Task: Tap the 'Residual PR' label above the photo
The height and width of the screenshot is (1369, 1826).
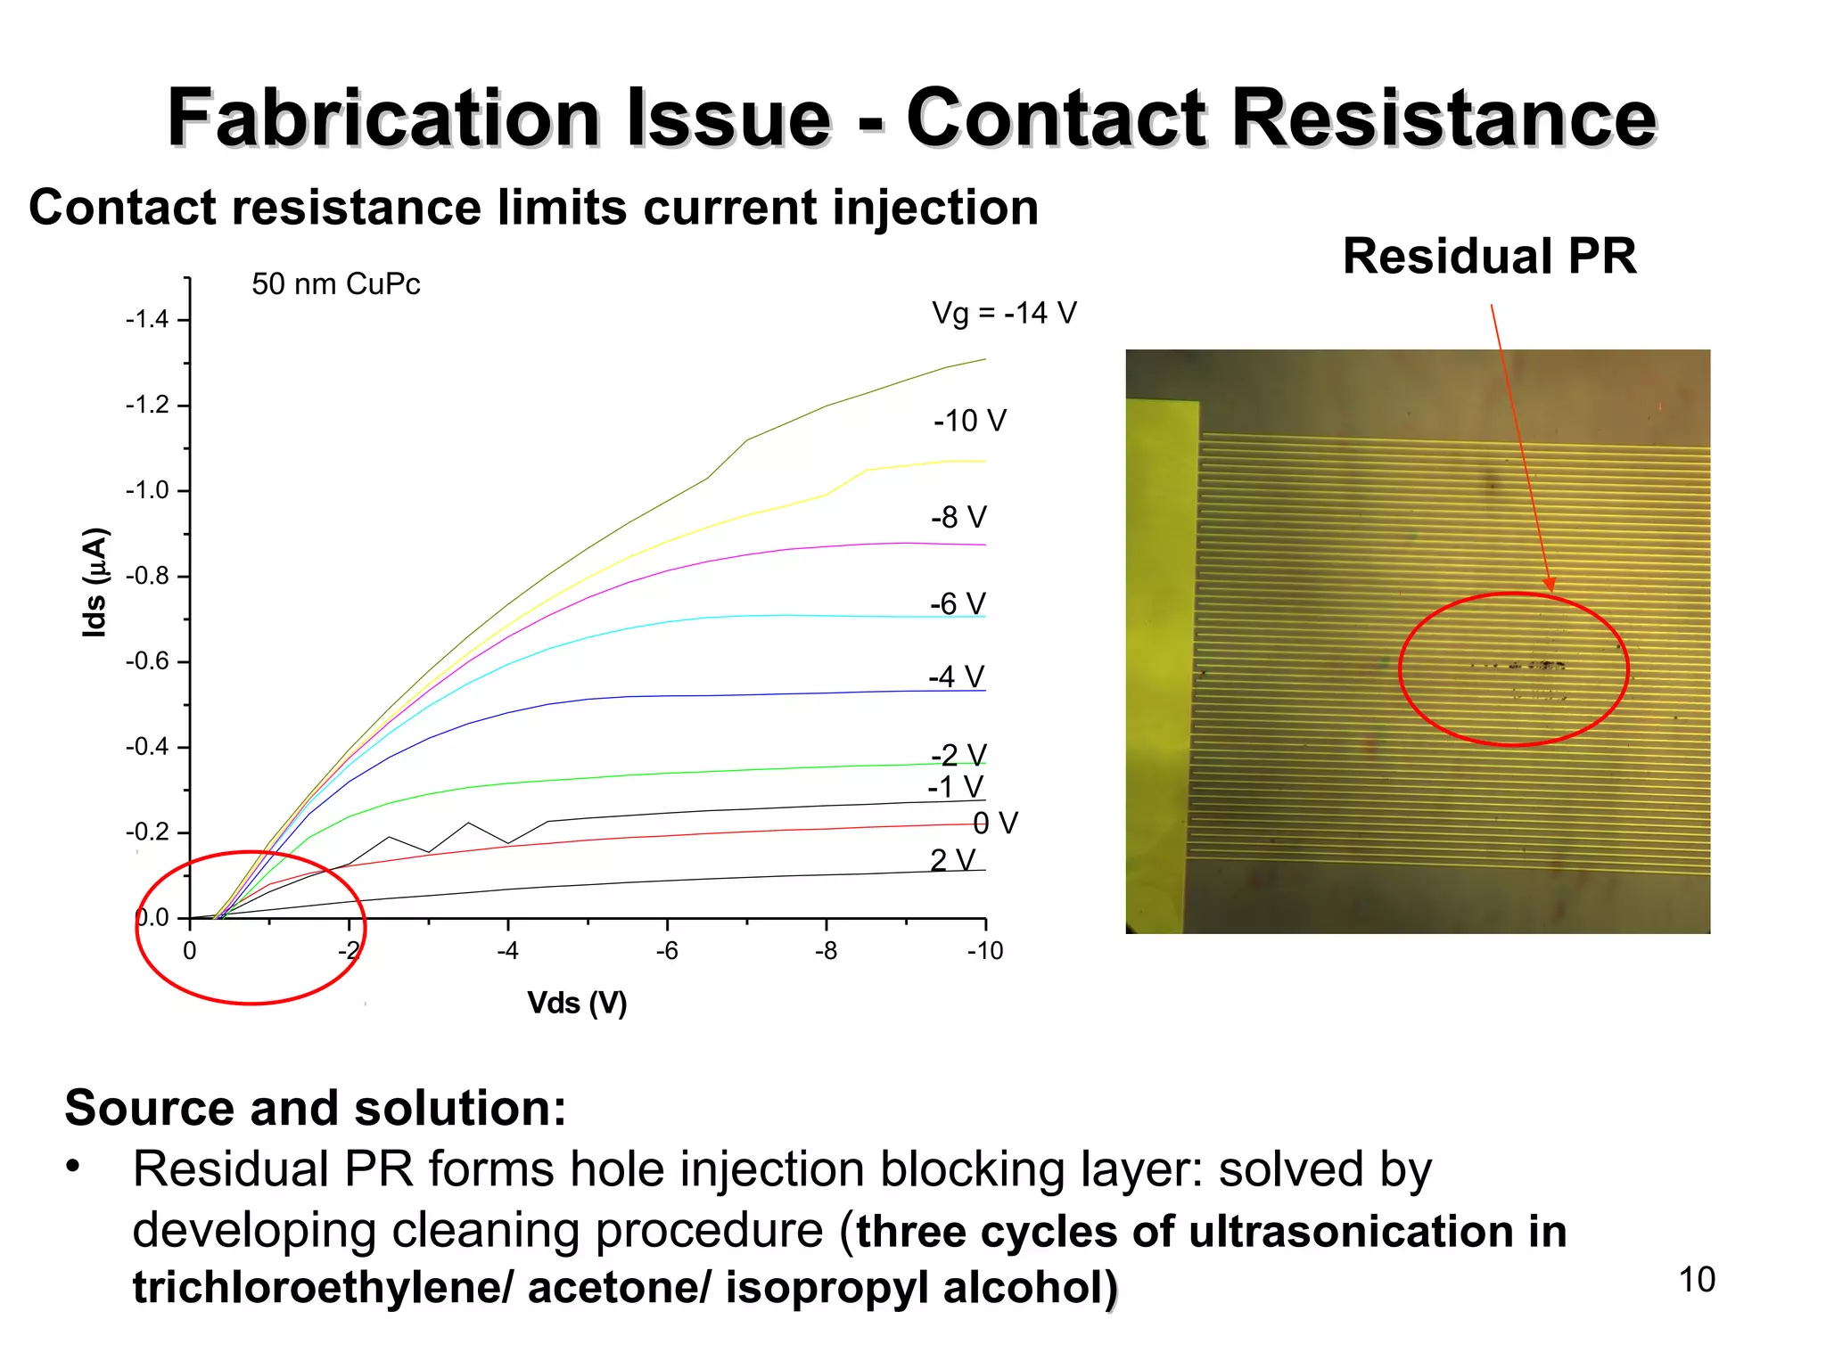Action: pos(1489,257)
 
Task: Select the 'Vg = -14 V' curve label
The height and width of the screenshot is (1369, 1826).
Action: pos(1004,313)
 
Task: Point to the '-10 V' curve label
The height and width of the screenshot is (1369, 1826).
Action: pos(969,421)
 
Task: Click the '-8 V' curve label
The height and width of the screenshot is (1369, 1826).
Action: pos(958,517)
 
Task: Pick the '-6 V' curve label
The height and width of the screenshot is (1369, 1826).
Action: pos(958,604)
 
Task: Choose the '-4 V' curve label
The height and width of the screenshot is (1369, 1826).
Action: pos(956,677)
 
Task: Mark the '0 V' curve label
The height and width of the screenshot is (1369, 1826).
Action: pos(995,823)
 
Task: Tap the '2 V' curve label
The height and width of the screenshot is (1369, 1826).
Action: pos(952,860)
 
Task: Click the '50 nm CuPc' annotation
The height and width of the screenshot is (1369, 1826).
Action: pos(335,284)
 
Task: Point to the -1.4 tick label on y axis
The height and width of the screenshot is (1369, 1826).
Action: pos(147,319)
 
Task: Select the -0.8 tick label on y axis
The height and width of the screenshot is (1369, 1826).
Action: pos(147,576)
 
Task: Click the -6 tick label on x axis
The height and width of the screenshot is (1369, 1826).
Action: pos(666,952)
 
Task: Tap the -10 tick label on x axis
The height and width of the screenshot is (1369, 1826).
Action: pos(984,952)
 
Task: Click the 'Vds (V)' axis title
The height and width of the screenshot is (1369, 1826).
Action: pos(577,1004)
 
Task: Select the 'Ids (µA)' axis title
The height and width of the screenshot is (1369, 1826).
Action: pos(95,583)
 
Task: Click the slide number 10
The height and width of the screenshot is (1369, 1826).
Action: pos(1697,1280)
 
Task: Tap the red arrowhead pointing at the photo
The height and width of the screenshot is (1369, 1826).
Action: pos(1550,585)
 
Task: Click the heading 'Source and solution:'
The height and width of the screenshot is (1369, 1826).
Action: pos(316,1108)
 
